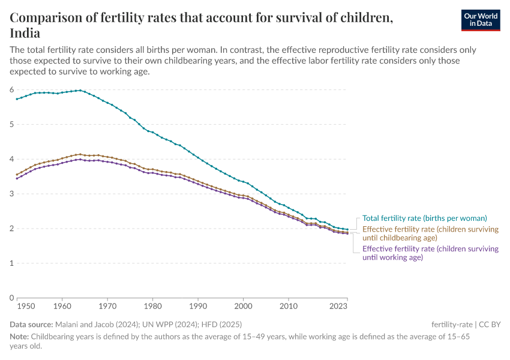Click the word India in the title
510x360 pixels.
(x=25, y=33)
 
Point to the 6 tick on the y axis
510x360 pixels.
(x=11, y=89)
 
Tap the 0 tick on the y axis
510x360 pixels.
(x=11, y=298)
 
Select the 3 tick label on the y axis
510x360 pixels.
(x=11, y=194)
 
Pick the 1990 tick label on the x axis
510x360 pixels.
(x=198, y=307)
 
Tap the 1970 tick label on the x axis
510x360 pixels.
(x=107, y=307)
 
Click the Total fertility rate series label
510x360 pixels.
(x=424, y=218)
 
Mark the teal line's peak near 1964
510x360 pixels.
(x=80, y=90)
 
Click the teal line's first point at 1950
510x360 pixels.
(x=17, y=99)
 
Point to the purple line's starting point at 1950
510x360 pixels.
(x=17, y=179)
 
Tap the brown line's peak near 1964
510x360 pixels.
(x=80, y=154)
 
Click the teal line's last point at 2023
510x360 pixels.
(x=347, y=229)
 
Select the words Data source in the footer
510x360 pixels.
(x=35, y=325)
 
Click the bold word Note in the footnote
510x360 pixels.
(x=19, y=336)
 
